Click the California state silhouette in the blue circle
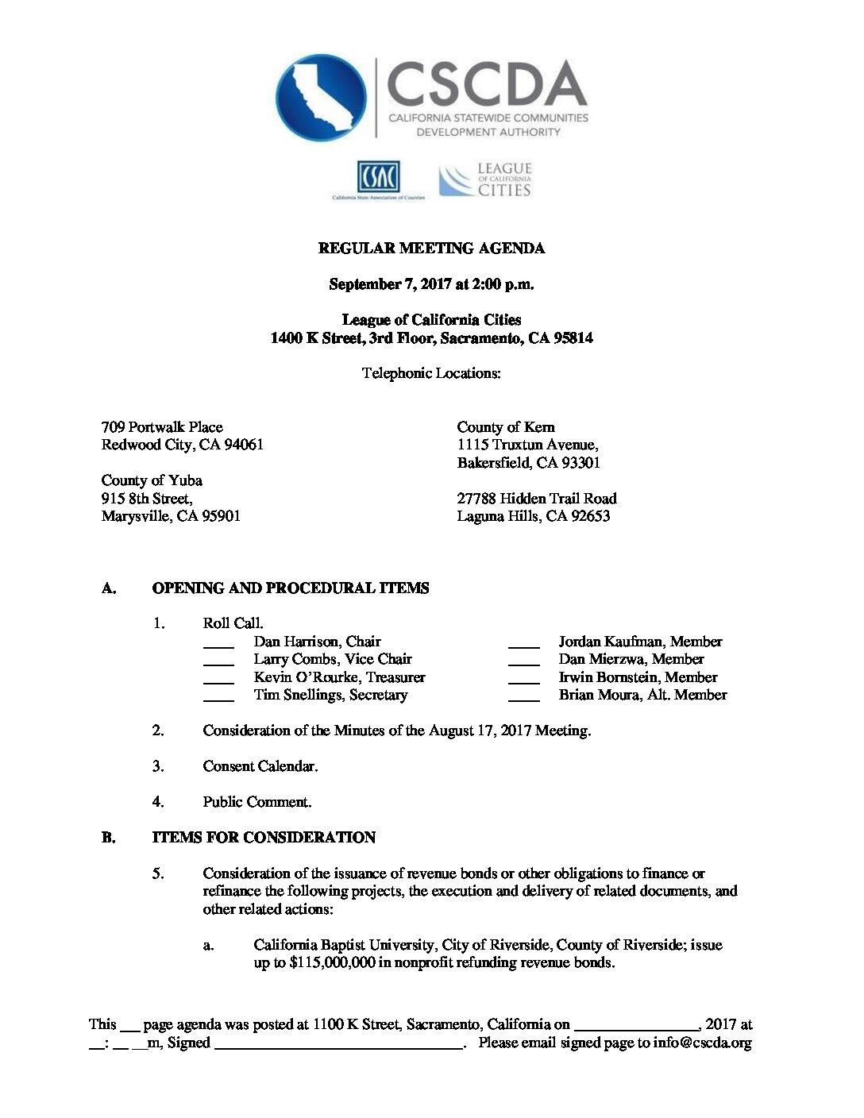pyautogui.click(x=321, y=97)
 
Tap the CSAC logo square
pyautogui.click(x=378, y=176)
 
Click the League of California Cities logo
pyautogui.click(x=485, y=180)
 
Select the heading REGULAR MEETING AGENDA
pyautogui.click(x=431, y=249)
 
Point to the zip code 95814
pyautogui.click(x=573, y=338)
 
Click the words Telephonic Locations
pyautogui.click(x=431, y=373)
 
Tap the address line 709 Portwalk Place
pyautogui.click(x=162, y=427)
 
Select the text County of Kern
pyautogui.click(x=505, y=427)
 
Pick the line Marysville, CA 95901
pyautogui.click(x=171, y=516)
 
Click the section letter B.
pyautogui.click(x=108, y=838)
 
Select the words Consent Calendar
pyautogui.click(x=260, y=766)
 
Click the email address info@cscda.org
pyautogui.click(x=702, y=1043)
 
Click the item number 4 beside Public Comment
pyautogui.click(x=158, y=802)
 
